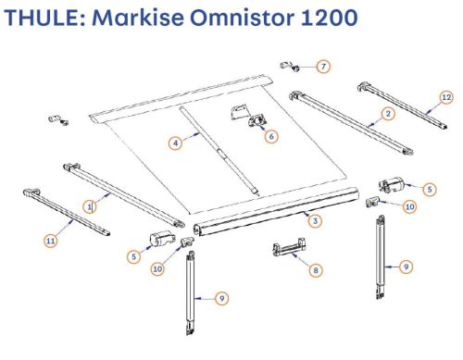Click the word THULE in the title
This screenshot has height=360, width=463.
44,18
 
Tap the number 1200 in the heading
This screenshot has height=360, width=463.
329,18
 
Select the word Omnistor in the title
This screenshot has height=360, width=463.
242,18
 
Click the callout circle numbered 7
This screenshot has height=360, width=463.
323,67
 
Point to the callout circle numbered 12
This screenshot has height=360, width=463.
446,97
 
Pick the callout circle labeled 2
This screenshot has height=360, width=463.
388,114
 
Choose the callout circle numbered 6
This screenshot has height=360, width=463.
271,136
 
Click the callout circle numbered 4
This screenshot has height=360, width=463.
175,143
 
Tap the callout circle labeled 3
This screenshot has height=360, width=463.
315,221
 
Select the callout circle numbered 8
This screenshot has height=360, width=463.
316,270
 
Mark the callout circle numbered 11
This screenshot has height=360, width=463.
51,241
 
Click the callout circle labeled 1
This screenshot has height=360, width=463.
90,206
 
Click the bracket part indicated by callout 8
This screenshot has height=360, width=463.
289,247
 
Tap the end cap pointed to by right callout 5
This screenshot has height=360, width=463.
391,184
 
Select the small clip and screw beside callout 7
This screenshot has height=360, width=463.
291,67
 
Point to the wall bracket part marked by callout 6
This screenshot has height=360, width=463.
248,116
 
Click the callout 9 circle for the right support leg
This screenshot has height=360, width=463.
407,267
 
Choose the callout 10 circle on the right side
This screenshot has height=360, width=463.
410,206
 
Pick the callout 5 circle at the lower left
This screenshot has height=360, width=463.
133,256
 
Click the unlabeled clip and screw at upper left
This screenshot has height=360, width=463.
58,119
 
